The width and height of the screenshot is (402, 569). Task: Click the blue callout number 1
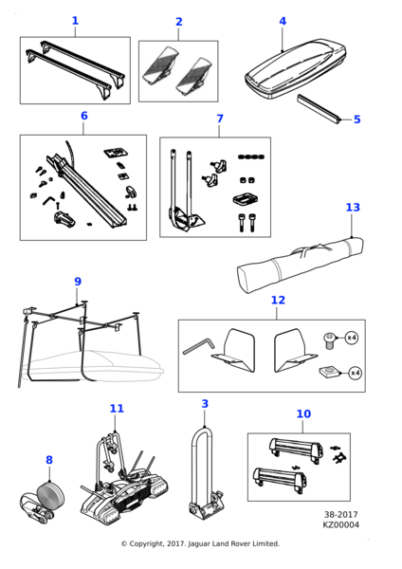[x=75, y=21]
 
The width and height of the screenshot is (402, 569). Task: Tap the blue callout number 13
[x=353, y=207]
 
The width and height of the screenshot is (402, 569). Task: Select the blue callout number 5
[x=357, y=119]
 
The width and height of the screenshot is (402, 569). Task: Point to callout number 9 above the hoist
[x=78, y=282]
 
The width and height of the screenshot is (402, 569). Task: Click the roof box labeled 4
[x=295, y=68]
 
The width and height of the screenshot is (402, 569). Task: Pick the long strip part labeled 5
[x=320, y=109]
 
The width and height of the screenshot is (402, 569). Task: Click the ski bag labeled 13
[x=300, y=264]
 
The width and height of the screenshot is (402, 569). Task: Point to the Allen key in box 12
[x=198, y=345]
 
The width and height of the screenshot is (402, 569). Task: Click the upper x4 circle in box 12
[x=352, y=338]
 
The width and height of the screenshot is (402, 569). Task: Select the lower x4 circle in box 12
[x=356, y=373]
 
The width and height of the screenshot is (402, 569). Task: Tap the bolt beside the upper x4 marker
[x=329, y=340]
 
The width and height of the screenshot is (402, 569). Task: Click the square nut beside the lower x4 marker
[x=330, y=373]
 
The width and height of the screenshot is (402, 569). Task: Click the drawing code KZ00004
[x=340, y=524]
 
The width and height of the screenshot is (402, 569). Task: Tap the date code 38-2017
[x=340, y=515]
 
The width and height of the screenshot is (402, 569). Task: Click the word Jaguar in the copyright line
[x=199, y=543]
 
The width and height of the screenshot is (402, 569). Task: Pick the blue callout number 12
[x=278, y=300]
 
